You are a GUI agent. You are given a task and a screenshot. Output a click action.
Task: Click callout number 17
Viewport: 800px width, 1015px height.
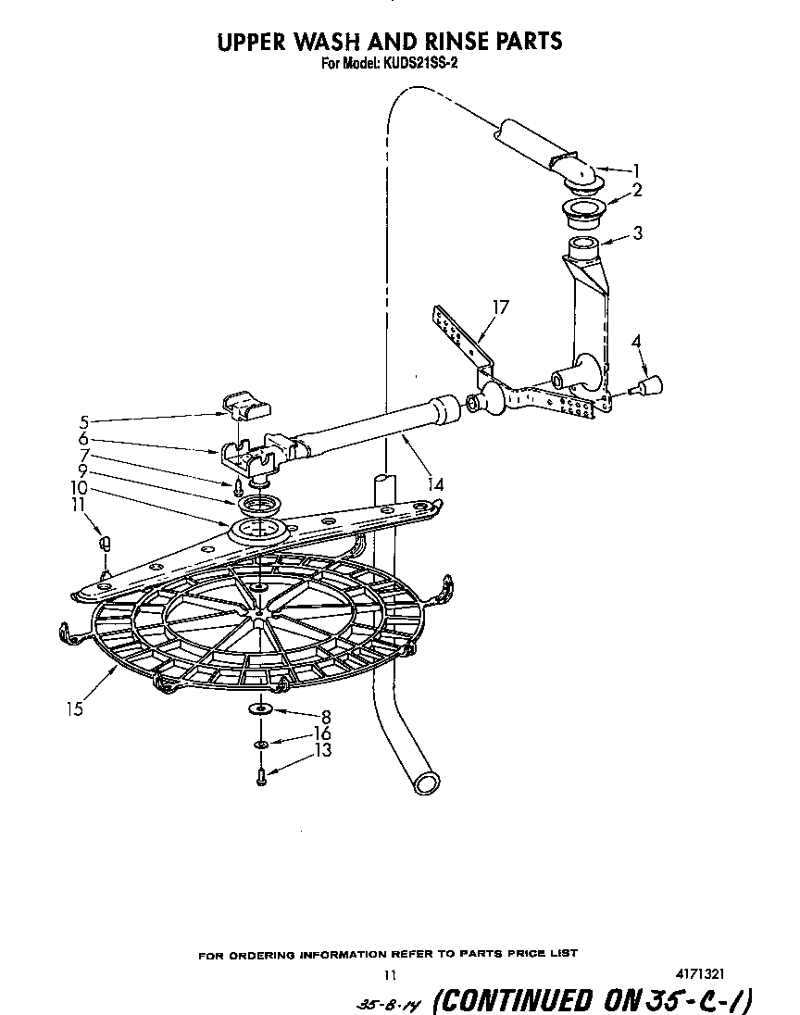(x=501, y=307)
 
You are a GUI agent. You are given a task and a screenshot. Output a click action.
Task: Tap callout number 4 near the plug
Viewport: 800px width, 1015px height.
(x=635, y=341)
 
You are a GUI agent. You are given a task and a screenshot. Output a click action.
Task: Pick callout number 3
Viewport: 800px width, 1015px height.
(x=637, y=232)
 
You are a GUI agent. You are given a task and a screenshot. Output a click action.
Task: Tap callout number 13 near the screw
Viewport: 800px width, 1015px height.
(x=323, y=750)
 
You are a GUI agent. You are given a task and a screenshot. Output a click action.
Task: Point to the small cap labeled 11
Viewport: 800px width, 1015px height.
(x=106, y=542)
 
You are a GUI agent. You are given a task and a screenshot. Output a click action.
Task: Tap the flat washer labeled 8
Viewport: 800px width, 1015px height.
(x=260, y=709)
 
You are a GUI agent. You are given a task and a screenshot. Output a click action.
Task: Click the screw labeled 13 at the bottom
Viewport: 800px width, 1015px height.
(x=262, y=776)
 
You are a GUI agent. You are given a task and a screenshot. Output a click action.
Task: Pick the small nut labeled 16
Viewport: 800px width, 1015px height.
(x=261, y=744)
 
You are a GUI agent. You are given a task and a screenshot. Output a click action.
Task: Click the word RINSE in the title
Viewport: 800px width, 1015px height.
(x=445, y=41)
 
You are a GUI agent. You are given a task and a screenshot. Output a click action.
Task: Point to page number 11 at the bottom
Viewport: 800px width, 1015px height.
(x=390, y=974)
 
